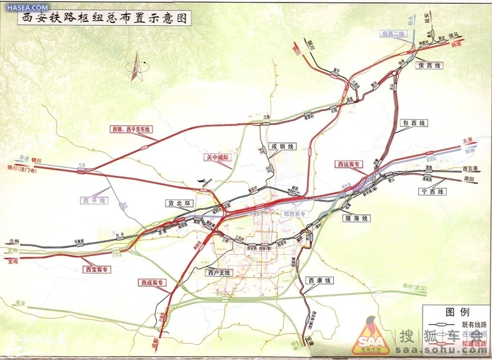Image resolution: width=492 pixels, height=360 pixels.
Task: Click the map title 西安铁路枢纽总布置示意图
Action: coord(104,18)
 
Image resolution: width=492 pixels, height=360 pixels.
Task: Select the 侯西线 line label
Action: coord(431,66)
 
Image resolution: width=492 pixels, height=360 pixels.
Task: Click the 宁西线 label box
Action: coord(433,191)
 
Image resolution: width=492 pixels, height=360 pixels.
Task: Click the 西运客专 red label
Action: coord(349,164)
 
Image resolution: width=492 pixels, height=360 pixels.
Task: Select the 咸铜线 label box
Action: coord(282,146)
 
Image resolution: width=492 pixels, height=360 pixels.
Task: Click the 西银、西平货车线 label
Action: coord(132,129)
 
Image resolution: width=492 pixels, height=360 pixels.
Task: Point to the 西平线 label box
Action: coord(94,200)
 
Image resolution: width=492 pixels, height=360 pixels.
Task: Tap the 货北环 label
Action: coord(178,203)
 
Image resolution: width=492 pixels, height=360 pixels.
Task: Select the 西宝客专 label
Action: coord(97,269)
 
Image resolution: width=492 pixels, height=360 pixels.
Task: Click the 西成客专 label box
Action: coord(151,282)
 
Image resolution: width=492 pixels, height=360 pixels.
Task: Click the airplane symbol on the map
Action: coord(202,182)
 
